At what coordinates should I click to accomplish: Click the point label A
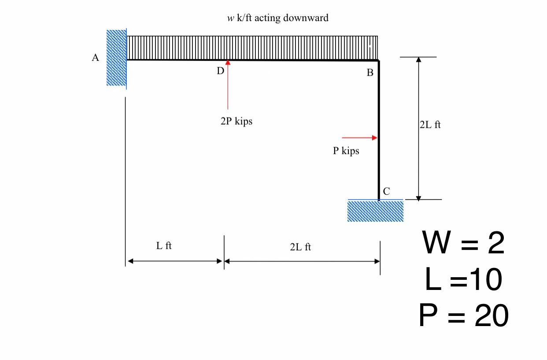click(x=95, y=58)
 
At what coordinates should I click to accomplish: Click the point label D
click(x=220, y=71)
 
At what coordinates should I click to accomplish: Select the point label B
click(x=370, y=73)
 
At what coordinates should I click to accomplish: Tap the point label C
click(x=386, y=191)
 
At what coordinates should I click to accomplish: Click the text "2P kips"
click(x=237, y=121)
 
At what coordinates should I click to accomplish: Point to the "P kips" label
click(x=346, y=151)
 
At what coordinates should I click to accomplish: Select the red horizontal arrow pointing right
click(x=359, y=138)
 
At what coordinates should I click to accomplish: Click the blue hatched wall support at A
click(x=116, y=58)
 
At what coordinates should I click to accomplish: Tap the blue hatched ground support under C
click(x=375, y=211)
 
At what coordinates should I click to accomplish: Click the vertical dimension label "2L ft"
click(x=430, y=125)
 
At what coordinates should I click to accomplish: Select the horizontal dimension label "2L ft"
click(x=300, y=247)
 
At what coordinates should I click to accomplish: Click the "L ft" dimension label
click(x=164, y=246)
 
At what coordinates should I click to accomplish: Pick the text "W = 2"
click(x=463, y=243)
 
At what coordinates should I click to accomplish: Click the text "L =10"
click(x=463, y=279)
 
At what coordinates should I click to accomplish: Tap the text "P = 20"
click(x=463, y=316)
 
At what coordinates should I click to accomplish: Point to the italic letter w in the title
click(x=230, y=18)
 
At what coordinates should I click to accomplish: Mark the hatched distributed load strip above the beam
click(x=252, y=48)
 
